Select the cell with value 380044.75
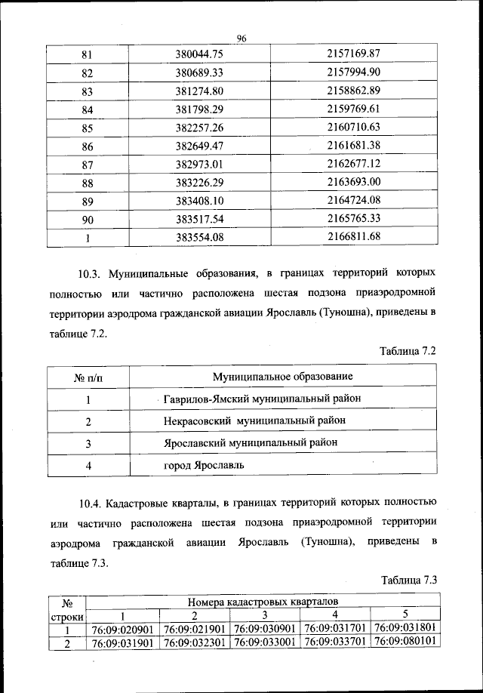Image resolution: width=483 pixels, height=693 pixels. (200, 54)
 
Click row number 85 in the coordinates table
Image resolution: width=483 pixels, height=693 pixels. (87, 128)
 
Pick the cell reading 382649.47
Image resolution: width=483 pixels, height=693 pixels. (200, 146)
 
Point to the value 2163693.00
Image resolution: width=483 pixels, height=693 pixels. (353, 182)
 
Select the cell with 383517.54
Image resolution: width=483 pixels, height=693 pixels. (200, 219)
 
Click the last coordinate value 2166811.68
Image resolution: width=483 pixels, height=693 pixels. (353, 237)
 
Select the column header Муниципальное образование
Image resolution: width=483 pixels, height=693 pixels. (283, 376)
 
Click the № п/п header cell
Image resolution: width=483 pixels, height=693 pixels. (88, 376)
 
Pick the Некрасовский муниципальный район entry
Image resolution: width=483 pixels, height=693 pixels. (256, 420)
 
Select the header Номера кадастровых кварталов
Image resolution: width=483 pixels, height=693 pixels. (263, 602)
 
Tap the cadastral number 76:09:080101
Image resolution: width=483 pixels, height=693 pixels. (407, 643)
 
